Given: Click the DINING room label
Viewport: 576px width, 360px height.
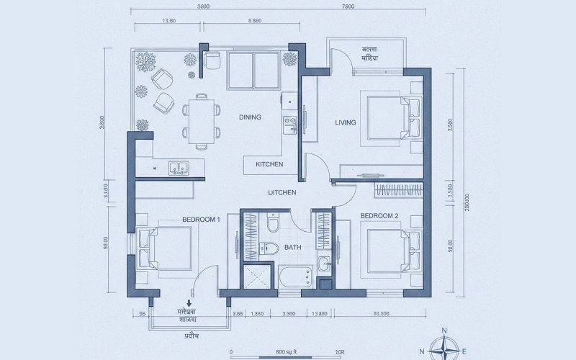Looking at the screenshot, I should tap(250, 117).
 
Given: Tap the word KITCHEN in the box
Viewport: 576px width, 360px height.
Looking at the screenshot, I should tap(269, 165).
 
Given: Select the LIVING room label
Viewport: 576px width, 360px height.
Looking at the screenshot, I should tap(346, 122).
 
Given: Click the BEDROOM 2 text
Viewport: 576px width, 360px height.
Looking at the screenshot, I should tap(379, 215).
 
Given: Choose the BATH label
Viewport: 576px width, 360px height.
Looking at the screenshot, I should tap(293, 247).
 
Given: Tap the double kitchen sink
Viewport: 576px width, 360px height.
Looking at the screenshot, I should tap(179, 168).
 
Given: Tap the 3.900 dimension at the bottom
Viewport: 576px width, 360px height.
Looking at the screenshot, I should tap(289, 315).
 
